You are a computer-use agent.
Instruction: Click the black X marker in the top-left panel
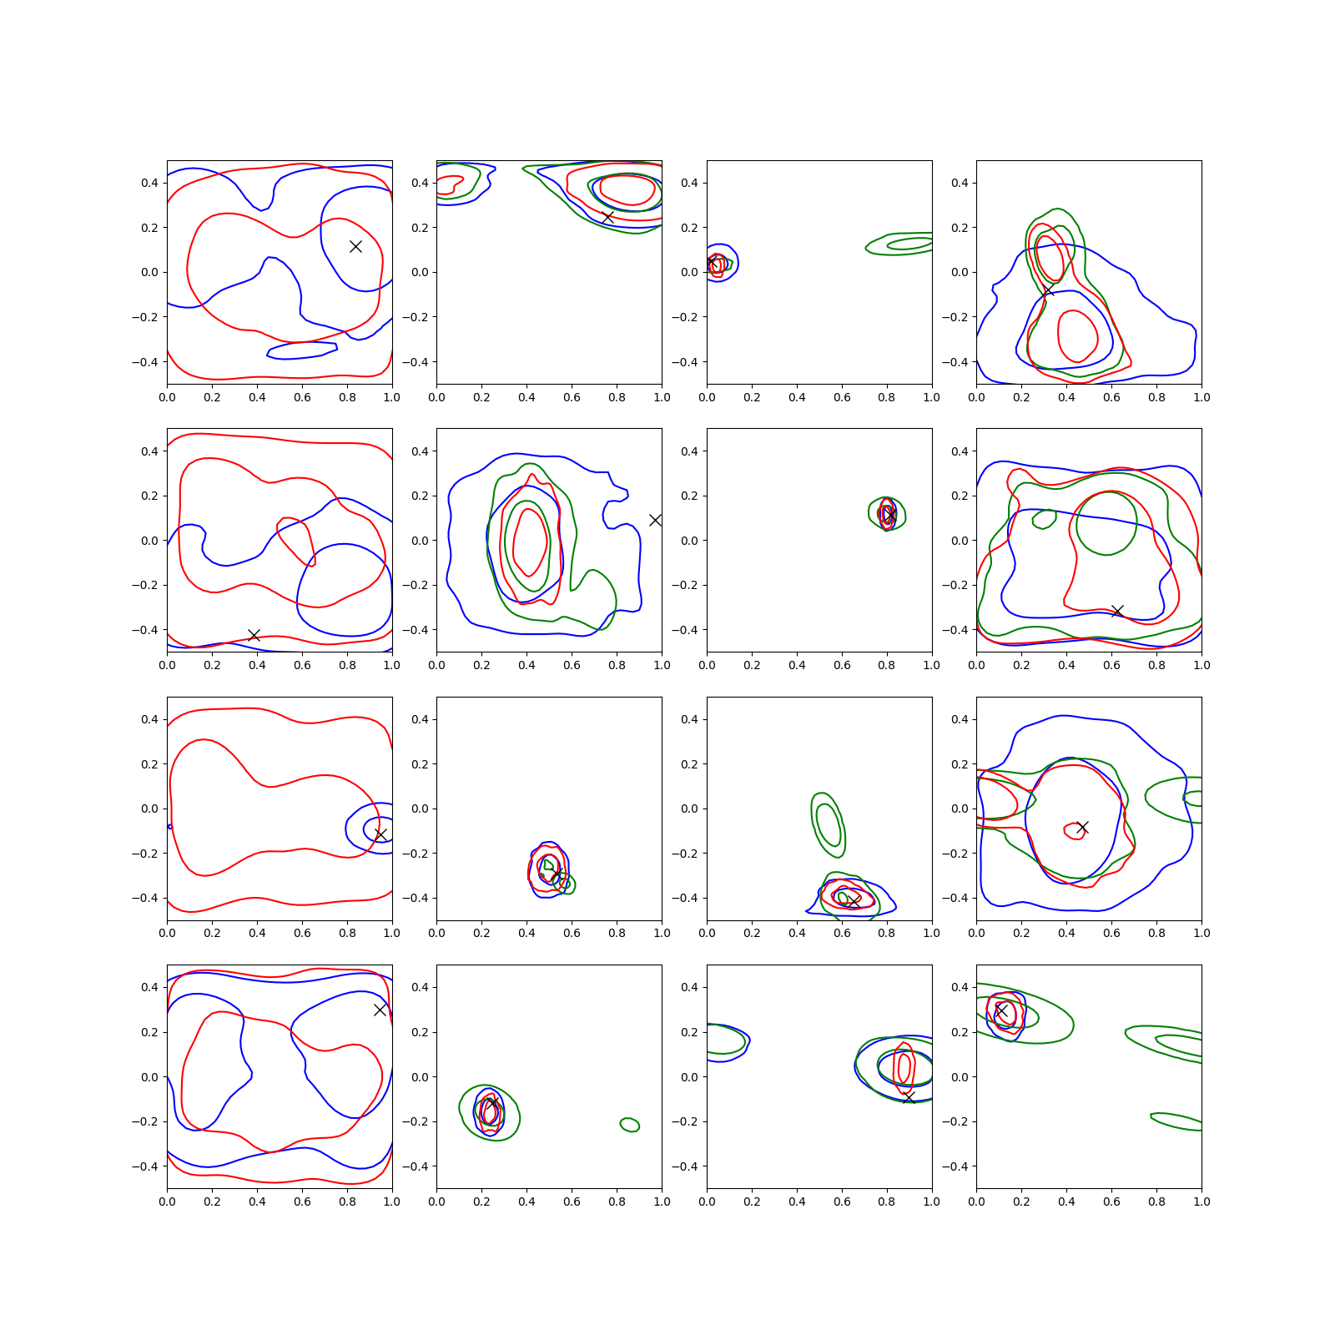[355, 246]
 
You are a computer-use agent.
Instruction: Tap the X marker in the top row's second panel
[608, 217]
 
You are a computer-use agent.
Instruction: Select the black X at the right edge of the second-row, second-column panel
[656, 520]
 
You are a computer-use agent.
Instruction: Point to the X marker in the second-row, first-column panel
[254, 636]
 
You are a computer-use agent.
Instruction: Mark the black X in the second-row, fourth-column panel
[1117, 612]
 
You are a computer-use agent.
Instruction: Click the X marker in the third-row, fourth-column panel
[1082, 828]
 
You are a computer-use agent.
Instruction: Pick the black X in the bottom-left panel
[380, 1010]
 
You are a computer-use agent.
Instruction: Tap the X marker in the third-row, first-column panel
[381, 835]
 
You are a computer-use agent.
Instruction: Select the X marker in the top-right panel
[1049, 290]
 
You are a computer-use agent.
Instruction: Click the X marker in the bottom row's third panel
[909, 1097]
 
